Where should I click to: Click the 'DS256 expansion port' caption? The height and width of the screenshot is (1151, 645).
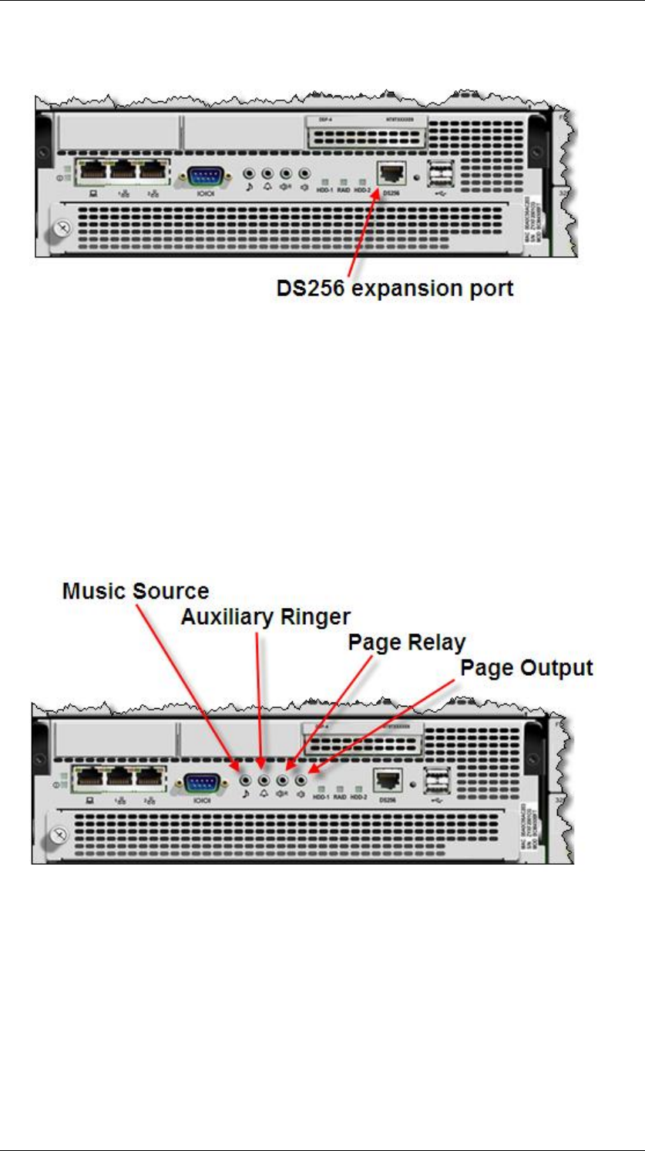(x=395, y=291)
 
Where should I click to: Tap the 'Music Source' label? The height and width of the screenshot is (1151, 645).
(x=136, y=592)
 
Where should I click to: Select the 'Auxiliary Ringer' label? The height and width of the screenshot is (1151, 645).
(x=266, y=616)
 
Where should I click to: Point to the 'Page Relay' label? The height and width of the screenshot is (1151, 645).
(x=406, y=642)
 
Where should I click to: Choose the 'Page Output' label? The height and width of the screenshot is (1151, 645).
(x=526, y=668)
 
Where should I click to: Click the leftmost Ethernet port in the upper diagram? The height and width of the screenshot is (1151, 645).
(x=91, y=174)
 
